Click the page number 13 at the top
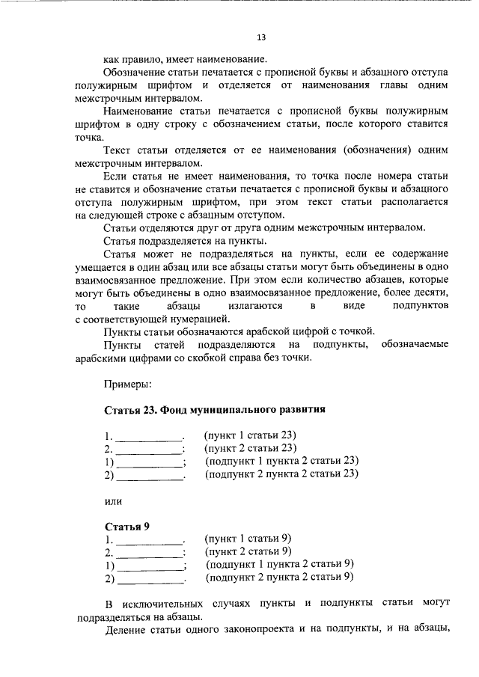(260, 37)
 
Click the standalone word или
(113, 500)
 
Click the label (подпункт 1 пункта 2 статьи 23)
(282, 461)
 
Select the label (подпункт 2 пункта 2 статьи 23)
(282, 474)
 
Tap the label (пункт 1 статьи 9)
(248, 538)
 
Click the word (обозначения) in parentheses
(370, 150)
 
